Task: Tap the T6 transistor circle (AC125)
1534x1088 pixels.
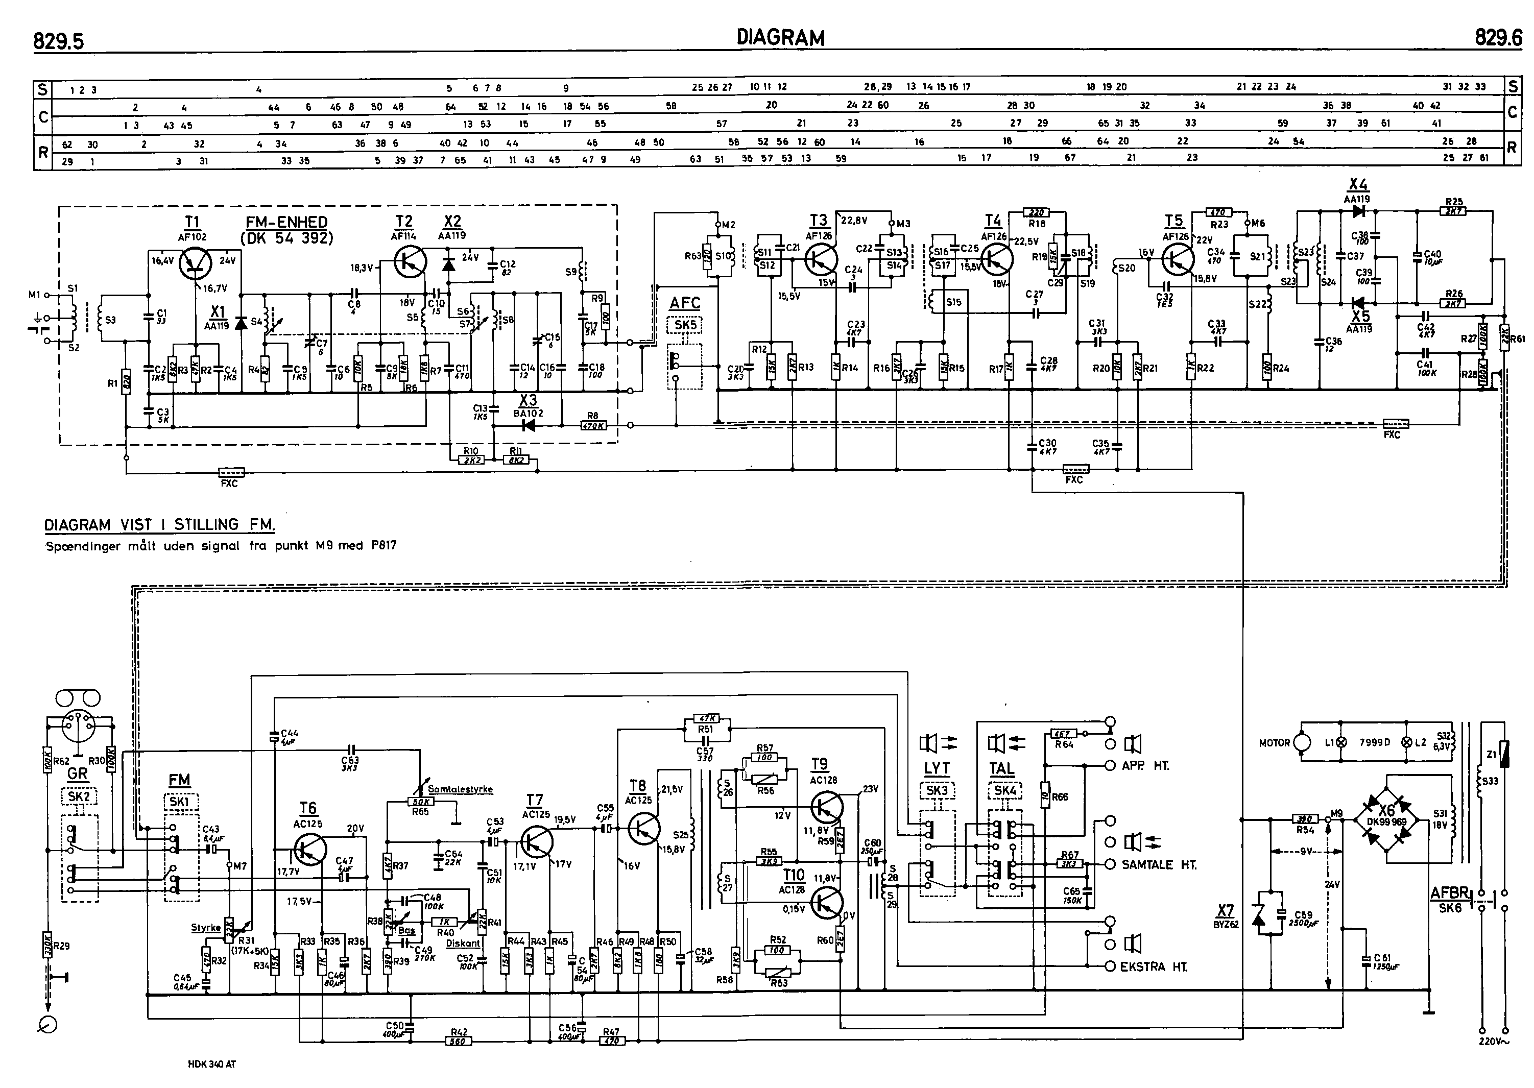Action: pos(309,850)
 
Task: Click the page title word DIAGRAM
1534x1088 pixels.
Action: pos(780,37)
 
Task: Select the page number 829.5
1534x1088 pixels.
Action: pos(59,41)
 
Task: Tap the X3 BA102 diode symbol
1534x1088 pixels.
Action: pos(528,425)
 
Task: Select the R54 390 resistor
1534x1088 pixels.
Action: pos(1304,818)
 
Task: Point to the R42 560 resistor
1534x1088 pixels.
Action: pos(459,1041)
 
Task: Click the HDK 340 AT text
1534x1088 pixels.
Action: pos(212,1063)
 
